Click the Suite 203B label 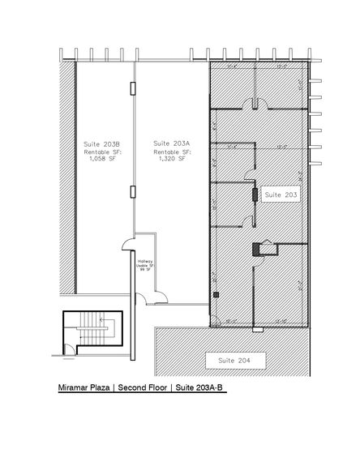[97, 144]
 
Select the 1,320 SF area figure [172, 159]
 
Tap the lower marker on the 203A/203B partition [134, 191]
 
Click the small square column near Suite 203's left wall [216, 296]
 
